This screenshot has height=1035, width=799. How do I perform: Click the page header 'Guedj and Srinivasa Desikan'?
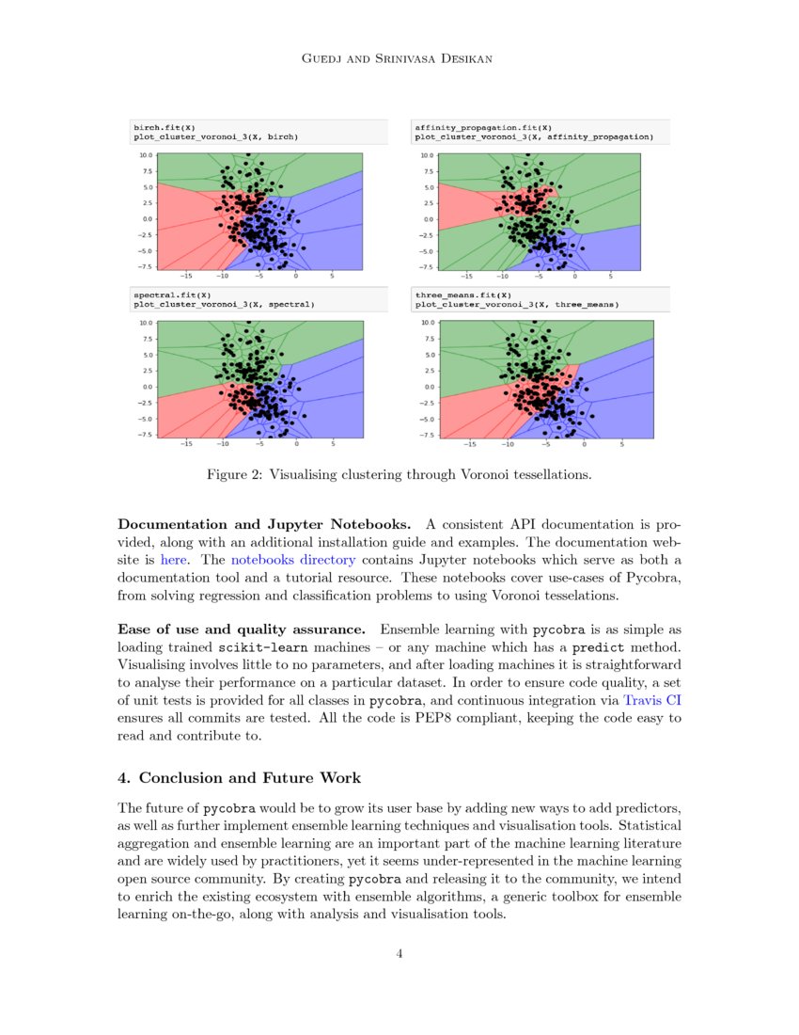399,58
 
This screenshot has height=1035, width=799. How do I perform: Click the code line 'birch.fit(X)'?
164,127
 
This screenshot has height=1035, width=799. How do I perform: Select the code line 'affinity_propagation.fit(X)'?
483,127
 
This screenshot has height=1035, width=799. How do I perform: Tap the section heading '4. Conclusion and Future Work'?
239,778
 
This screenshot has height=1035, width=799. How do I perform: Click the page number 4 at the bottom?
399,954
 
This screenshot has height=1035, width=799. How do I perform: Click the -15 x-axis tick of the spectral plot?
186,443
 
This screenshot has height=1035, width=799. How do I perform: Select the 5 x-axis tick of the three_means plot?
619,443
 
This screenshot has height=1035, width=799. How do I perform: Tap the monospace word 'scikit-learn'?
262,647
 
